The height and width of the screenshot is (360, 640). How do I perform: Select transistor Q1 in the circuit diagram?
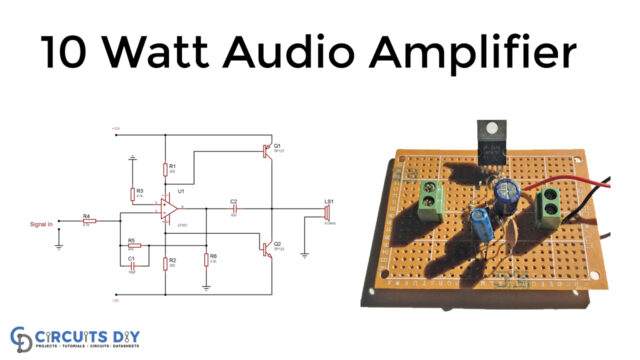coord(264,149)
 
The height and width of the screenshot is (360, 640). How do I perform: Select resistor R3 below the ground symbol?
coord(133,193)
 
